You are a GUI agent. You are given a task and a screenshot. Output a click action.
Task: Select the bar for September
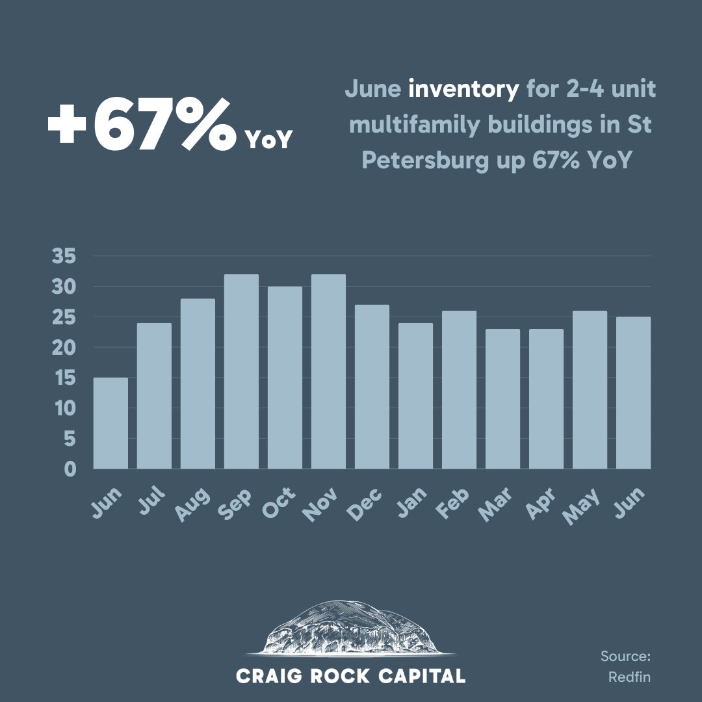coord(241,371)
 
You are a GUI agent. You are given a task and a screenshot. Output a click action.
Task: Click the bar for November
coord(328,371)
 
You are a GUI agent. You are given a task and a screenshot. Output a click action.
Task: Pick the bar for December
coord(372,387)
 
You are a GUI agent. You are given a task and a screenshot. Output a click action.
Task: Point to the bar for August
coord(198,383)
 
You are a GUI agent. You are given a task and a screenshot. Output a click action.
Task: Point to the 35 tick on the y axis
coord(65,257)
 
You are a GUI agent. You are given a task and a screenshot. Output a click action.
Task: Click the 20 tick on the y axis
coord(65,348)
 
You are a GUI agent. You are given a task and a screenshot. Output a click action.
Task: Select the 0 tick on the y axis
coord(70,469)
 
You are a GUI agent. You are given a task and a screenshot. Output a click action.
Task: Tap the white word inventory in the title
coord(463,88)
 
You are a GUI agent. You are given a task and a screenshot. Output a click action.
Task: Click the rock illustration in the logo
coord(351,627)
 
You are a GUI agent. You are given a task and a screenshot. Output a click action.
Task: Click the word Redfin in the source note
coord(629,677)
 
